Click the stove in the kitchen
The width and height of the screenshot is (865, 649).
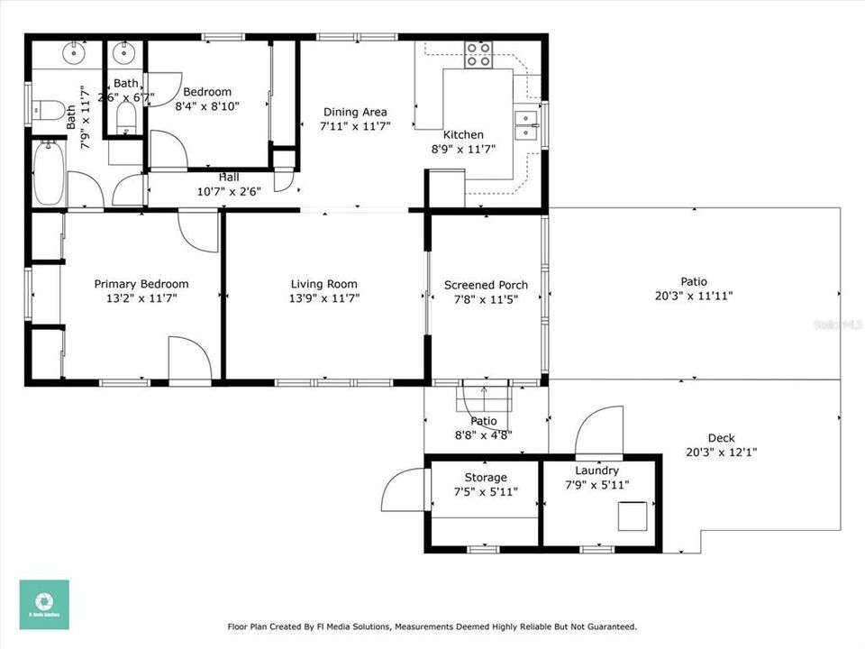478,56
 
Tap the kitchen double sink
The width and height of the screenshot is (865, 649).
524,125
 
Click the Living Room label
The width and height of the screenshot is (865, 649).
323,284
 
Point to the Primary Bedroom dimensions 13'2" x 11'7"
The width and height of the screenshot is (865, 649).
141,297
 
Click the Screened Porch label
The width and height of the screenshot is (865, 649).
486,285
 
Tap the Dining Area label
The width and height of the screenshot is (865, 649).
355,113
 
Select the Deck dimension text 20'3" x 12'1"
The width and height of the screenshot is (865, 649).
721,452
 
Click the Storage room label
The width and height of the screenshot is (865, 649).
486,477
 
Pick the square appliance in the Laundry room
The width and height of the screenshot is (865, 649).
632,516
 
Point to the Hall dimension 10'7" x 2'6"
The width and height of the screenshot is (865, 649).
229,191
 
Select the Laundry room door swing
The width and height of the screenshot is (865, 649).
599,432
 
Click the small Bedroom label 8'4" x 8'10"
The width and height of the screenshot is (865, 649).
207,98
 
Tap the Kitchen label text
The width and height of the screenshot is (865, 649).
463,135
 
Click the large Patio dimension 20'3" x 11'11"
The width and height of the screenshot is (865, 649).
694,295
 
